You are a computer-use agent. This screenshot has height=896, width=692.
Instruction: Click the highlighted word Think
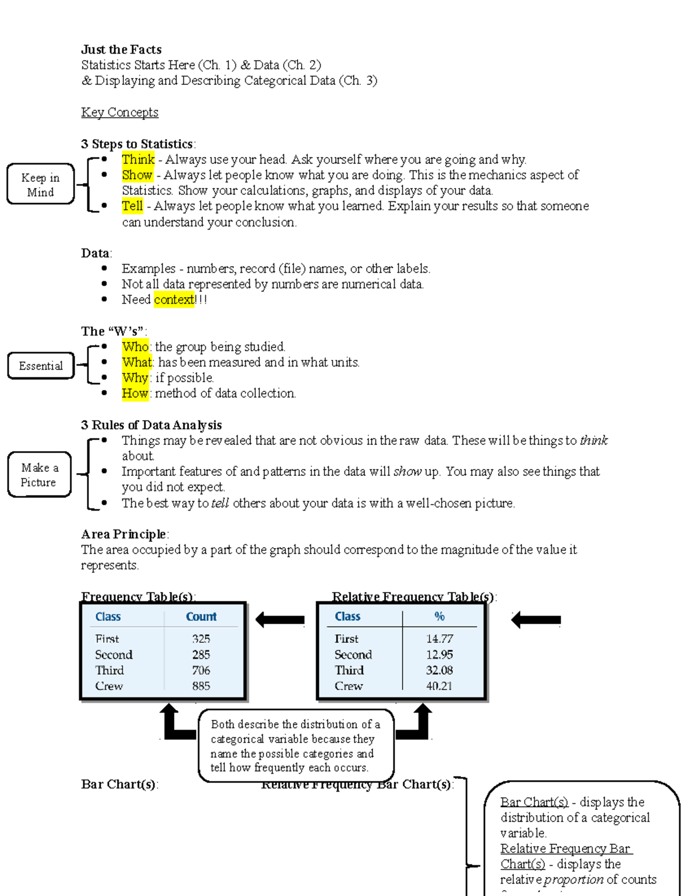pos(138,159)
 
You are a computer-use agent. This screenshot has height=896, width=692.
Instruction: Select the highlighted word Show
pos(137,175)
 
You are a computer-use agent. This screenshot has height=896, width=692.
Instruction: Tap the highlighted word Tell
pos(132,206)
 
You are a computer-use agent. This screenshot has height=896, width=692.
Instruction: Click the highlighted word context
pos(174,299)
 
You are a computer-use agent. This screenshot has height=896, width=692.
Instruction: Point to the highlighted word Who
pos(136,347)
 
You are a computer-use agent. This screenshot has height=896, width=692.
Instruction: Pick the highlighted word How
pos(135,393)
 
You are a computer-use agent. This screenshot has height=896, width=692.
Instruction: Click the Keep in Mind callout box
pos(40,185)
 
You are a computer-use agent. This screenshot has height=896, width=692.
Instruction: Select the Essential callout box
pos(40,366)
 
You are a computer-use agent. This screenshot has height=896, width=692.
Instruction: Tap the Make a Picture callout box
pos(39,475)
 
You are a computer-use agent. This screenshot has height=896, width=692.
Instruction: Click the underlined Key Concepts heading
pos(119,112)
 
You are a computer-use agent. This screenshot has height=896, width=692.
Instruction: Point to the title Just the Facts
pos(121,50)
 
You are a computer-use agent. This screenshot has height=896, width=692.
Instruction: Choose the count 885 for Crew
pos(201,686)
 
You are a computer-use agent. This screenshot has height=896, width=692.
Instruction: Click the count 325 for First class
pos(201,639)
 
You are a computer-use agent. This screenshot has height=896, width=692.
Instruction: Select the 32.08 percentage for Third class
pos(439,670)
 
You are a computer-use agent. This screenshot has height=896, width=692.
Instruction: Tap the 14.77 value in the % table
pos(439,639)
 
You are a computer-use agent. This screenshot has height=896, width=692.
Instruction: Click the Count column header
pos(201,617)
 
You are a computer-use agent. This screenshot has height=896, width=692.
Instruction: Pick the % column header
pos(439,617)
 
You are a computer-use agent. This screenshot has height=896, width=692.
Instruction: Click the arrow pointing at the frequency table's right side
pos(280,620)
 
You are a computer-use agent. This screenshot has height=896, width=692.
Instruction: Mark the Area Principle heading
pos(123,534)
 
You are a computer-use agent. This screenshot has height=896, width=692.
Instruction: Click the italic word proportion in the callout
pos(574,880)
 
